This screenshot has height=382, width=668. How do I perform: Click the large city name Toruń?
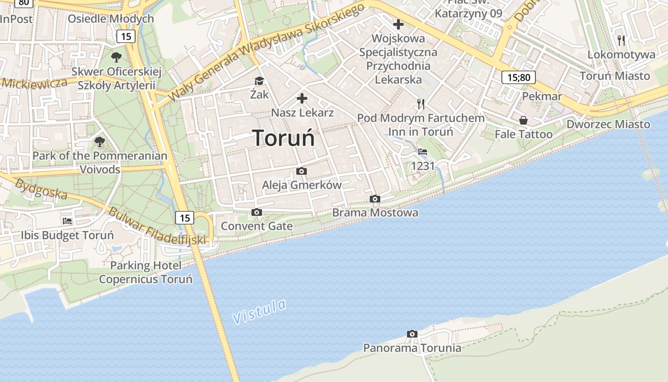click(284, 138)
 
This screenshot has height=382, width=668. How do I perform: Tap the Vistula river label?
click(260, 311)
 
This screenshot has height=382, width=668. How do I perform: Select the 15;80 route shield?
click(518, 77)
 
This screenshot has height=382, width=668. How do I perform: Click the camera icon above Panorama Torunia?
click(412, 334)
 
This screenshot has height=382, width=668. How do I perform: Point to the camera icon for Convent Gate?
click(257, 212)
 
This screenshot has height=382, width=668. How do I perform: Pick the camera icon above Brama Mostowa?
click(375, 199)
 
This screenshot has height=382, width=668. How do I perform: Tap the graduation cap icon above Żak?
click(259, 81)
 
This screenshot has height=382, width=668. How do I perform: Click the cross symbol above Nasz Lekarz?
click(302, 99)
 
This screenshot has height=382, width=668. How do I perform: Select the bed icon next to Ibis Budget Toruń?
click(67, 221)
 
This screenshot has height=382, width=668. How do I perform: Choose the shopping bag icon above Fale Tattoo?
click(523, 120)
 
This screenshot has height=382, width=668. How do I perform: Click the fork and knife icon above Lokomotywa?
click(621, 40)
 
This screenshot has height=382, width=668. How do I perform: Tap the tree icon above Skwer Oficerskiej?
click(116, 57)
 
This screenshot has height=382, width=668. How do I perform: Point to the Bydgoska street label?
click(41, 189)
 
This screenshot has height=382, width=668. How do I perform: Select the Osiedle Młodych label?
click(111, 19)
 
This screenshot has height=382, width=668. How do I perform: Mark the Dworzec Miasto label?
click(608, 124)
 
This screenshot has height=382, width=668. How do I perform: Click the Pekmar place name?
click(542, 96)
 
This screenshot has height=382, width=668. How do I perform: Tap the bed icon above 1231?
click(423, 152)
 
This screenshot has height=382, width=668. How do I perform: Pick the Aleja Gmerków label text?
click(302, 185)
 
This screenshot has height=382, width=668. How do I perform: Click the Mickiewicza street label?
click(34, 83)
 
